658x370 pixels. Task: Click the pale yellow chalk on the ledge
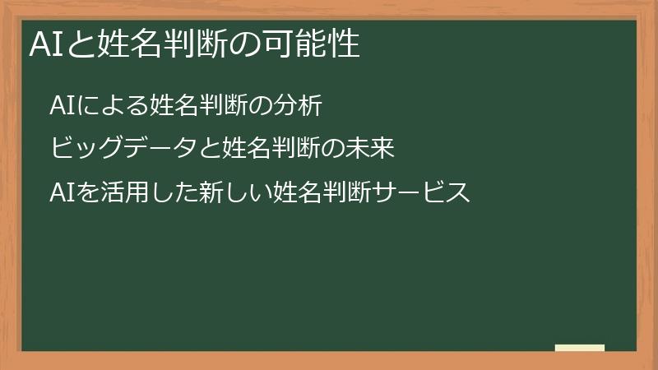coord(579,348)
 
